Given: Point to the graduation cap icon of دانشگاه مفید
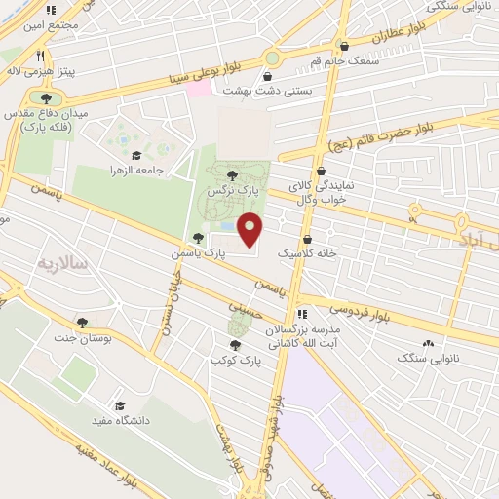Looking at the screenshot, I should click(120, 406).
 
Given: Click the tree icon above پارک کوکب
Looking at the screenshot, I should click(234, 346).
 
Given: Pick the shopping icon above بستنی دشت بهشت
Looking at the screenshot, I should click(268, 76).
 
